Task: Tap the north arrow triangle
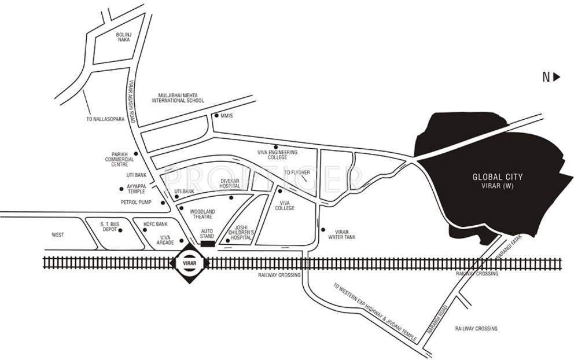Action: (556, 76)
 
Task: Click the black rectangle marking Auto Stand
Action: (207, 244)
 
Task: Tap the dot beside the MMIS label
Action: (216, 115)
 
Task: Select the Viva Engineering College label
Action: (277, 155)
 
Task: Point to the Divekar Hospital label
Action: (230, 184)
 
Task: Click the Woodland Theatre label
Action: (202, 214)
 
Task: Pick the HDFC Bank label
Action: (155, 223)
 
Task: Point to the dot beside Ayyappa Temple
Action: (120, 188)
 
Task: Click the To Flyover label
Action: (299, 172)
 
